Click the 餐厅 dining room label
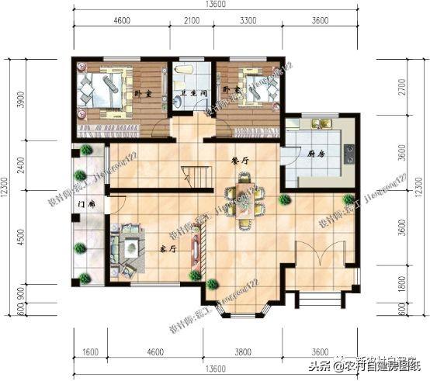(239, 159)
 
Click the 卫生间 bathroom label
(192, 94)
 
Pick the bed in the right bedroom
(253, 87)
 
